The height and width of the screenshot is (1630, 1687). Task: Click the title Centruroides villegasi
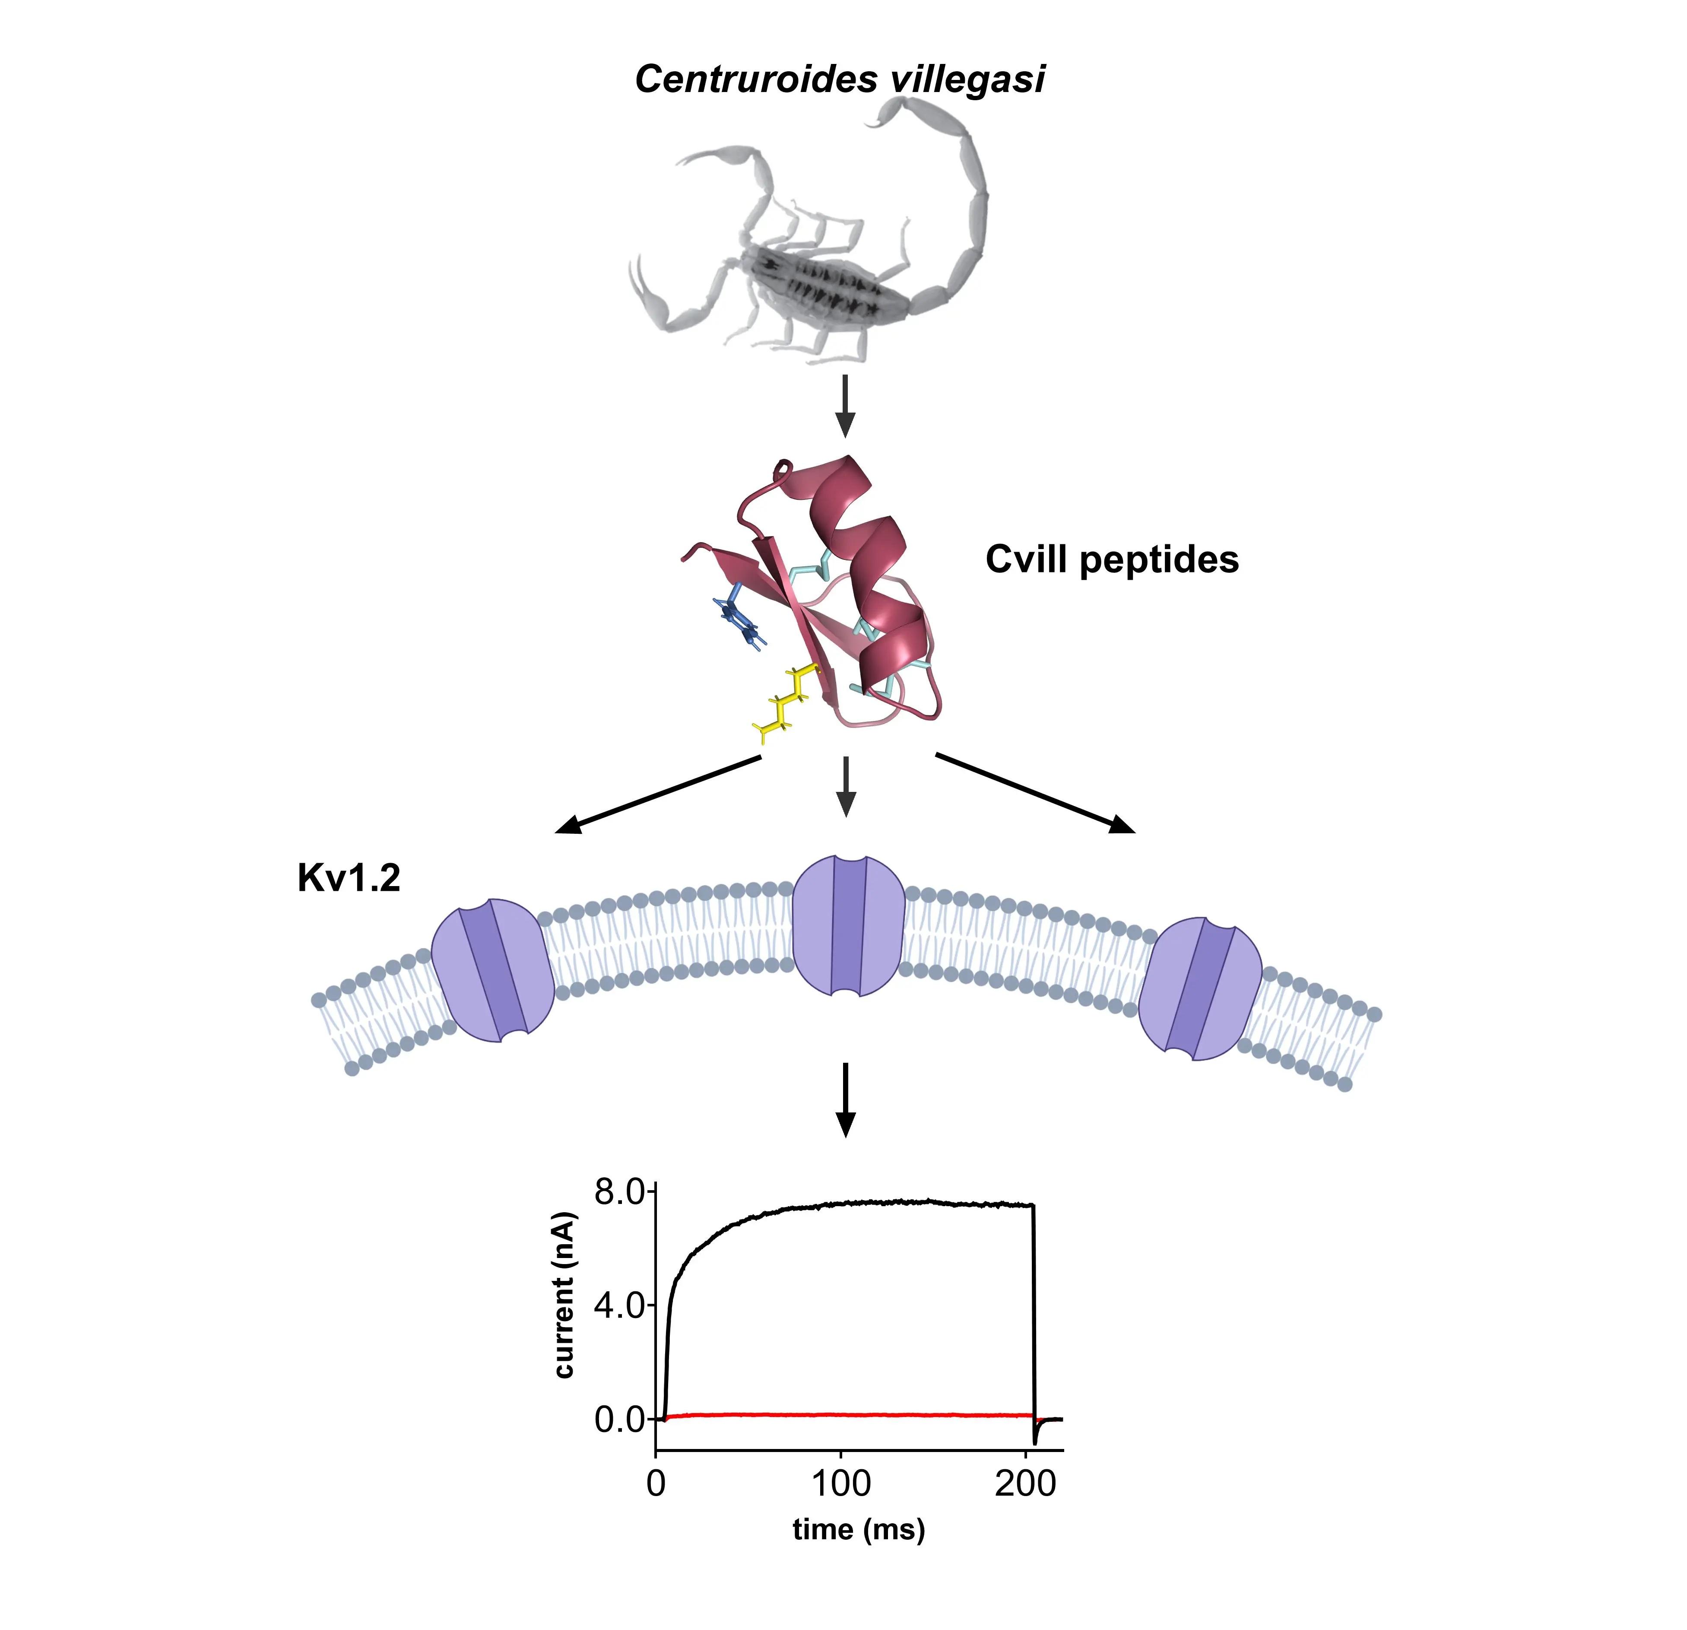[x=839, y=79]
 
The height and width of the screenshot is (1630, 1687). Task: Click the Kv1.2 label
[x=349, y=878]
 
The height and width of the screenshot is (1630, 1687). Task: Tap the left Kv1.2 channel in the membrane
[x=492, y=970]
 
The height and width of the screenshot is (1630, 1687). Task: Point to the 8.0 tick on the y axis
[x=620, y=1192]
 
